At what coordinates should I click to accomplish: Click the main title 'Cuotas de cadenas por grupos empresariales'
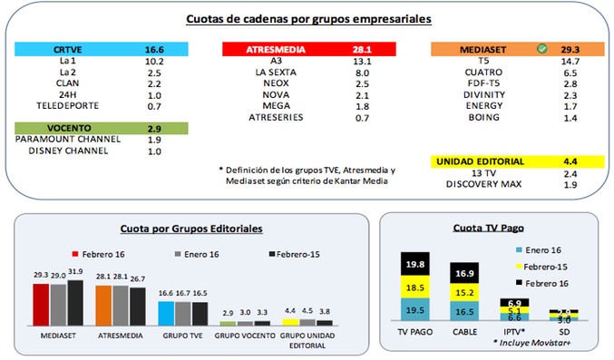pyautogui.click(x=308, y=18)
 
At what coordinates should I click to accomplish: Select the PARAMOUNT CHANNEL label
pyautogui.click(x=64, y=139)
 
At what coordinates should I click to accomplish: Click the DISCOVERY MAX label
pyautogui.click(x=482, y=186)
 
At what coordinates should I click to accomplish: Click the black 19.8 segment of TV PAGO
pyautogui.click(x=416, y=264)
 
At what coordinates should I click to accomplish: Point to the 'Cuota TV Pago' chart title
pyautogui.click(x=492, y=229)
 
